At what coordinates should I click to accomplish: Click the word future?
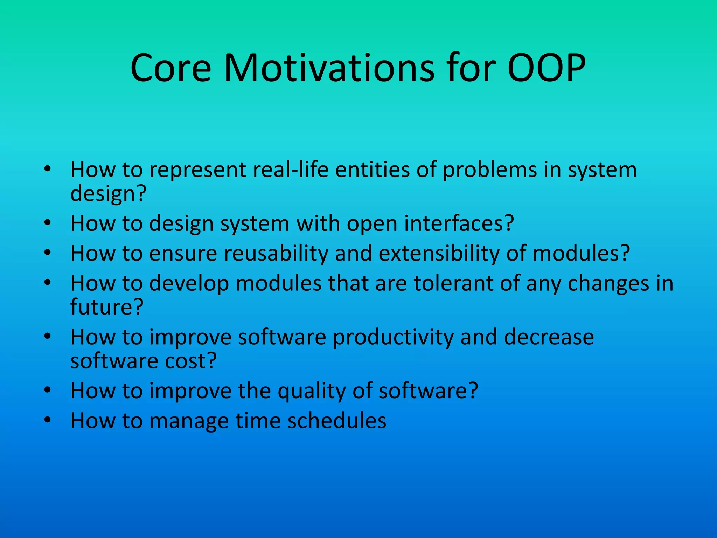[x=107, y=307]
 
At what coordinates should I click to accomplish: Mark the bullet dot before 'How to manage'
[x=48, y=420]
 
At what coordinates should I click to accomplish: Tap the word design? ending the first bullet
[x=108, y=194]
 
